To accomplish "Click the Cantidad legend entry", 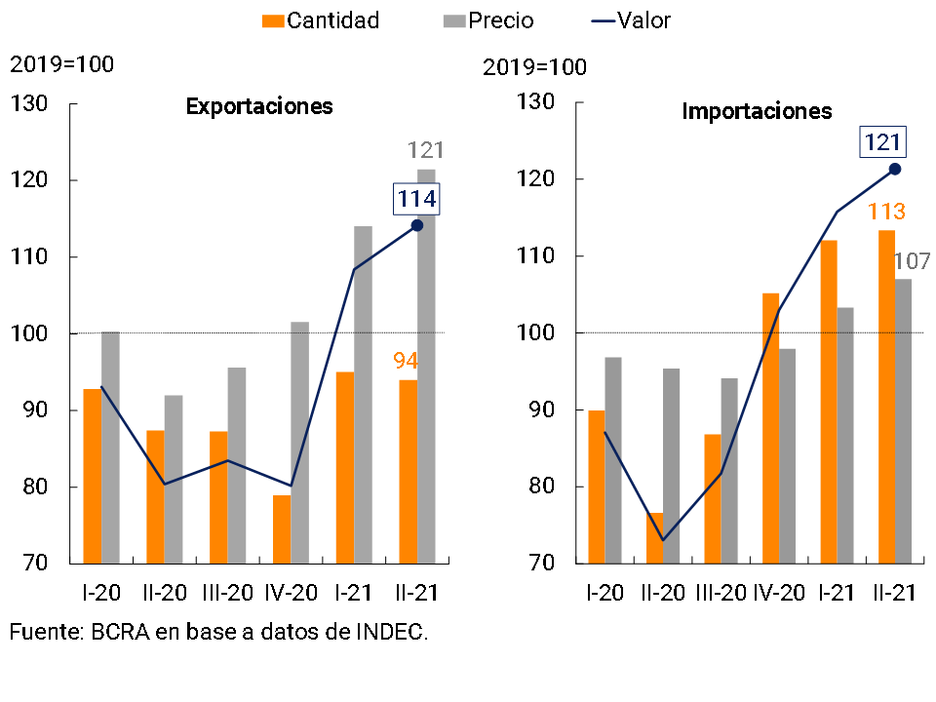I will [322, 20].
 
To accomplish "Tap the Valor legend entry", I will [631, 20].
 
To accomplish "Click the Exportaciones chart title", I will [259, 106].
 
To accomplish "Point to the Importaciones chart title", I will [758, 111].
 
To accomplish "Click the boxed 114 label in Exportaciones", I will [416, 200].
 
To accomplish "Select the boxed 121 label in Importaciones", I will [882, 143].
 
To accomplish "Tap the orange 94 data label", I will [406, 361].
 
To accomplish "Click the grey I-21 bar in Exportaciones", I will [363, 395].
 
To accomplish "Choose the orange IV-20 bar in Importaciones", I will [770, 429].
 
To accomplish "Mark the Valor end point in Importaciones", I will [895, 169].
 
